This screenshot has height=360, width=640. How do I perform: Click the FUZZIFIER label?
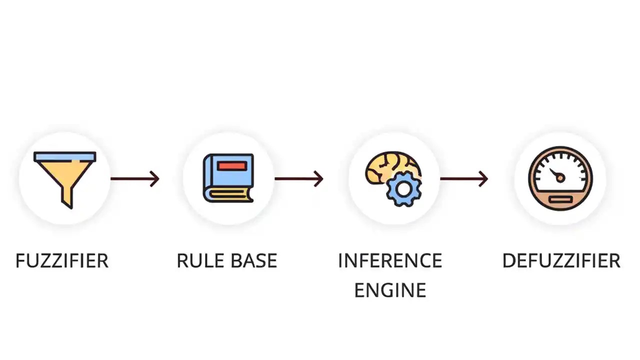[62, 261]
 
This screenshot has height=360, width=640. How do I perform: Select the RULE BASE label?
[226, 261]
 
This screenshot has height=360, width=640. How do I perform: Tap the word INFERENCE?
[390, 261]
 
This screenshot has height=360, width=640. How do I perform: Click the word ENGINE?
[390, 290]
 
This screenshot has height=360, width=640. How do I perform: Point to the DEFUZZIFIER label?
[561, 261]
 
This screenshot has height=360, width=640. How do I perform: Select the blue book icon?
[228, 178]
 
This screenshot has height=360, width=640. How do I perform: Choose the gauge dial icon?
[560, 178]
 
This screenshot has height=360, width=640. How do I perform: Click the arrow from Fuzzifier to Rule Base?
[134, 178]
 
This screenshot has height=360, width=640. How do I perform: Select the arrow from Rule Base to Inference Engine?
[298, 178]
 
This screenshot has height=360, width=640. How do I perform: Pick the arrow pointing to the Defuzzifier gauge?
[463, 178]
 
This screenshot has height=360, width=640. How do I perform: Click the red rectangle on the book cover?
[232, 166]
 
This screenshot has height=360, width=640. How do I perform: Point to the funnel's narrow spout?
[66, 198]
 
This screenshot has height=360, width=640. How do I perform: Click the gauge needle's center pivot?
[560, 177]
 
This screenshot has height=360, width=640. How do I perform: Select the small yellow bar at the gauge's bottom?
[560, 200]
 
